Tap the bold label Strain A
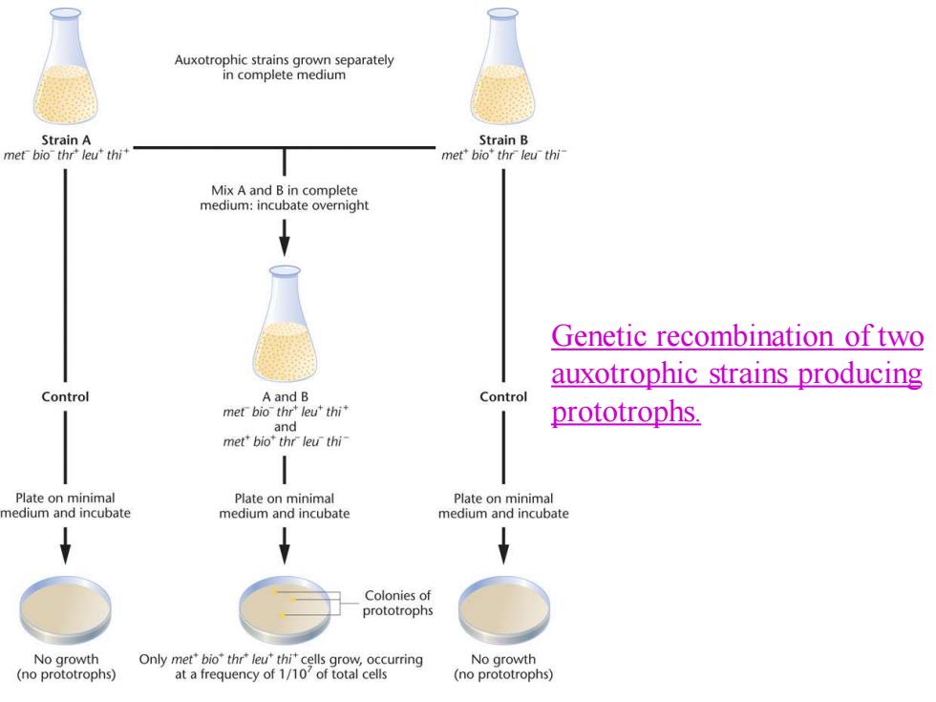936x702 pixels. click(x=66, y=139)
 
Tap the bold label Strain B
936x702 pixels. click(x=503, y=139)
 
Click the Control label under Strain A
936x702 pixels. click(x=65, y=396)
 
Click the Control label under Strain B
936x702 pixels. click(x=503, y=396)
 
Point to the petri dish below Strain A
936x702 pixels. click(x=66, y=609)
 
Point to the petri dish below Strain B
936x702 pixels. click(x=504, y=609)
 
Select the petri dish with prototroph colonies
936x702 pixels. click(x=285, y=609)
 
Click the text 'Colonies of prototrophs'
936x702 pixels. click(x=397, y=603)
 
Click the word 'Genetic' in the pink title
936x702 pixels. click(x=600, y=335)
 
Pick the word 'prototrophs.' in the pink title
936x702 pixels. click(x=626, y=412)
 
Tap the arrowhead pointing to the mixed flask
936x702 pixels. click(x=285, y=245)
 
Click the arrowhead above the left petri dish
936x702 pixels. click(x=66, y=553)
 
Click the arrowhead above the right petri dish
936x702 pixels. click(x=503, y=553)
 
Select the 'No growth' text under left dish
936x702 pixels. click(x=66, y=659)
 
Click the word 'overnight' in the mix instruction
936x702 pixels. click(x=338, y=205)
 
